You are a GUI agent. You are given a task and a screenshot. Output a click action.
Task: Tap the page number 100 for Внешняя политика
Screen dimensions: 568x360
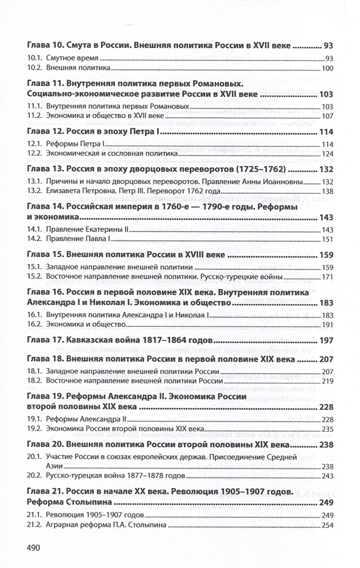pos(327,68)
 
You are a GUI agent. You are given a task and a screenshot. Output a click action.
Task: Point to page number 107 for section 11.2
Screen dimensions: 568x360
pos(327,116)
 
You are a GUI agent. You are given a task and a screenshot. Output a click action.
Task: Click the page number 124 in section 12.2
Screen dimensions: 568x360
pos(327,154)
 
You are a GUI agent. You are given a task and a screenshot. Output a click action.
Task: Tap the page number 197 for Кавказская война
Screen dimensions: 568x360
pos(326,340)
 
